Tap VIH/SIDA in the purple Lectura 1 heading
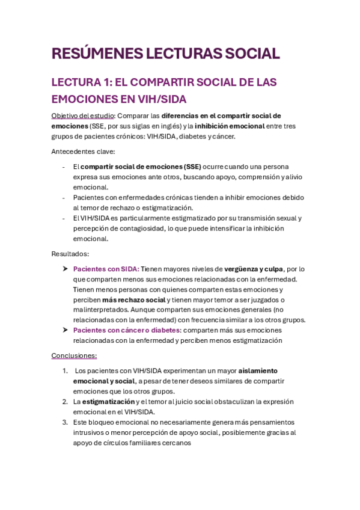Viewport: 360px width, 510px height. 161,98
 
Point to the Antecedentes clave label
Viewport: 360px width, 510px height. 82,152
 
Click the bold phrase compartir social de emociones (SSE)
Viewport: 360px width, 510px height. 141,167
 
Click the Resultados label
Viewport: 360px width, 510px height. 70,254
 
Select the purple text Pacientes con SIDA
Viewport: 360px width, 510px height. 106,269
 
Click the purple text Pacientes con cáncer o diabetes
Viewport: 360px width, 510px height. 126,330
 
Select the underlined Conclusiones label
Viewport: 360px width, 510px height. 74,355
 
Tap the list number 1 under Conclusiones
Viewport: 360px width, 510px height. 65,371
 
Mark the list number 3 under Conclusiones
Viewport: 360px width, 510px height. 65,422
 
